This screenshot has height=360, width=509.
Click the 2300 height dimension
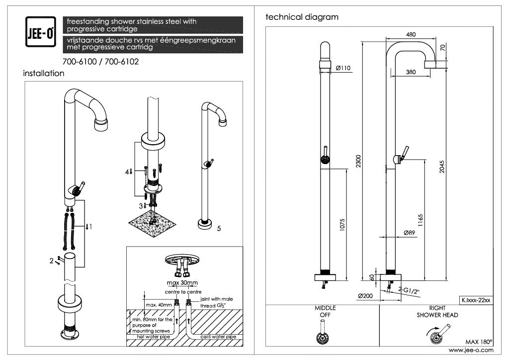click(358, 161)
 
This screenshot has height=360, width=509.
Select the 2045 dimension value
click(442, 168)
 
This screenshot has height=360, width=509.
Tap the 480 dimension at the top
click(411, 34)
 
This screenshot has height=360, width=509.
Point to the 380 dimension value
click(411, 72)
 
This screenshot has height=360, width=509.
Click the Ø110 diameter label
click(343, 68)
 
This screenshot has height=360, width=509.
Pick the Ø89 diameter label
click(409, 232)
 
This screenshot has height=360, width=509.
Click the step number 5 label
click(219, 228)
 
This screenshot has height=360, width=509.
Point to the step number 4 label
click(128, 172)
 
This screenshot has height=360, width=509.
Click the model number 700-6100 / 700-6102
click(101, 62)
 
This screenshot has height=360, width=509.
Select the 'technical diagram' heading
click(302, 17)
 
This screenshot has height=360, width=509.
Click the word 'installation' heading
click(44, 74)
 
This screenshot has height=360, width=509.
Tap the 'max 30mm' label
click(182, 283)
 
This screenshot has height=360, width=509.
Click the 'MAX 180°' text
click(478, 342)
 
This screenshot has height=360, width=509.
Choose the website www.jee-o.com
click(471, 350)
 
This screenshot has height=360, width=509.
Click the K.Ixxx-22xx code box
click(476, 300)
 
